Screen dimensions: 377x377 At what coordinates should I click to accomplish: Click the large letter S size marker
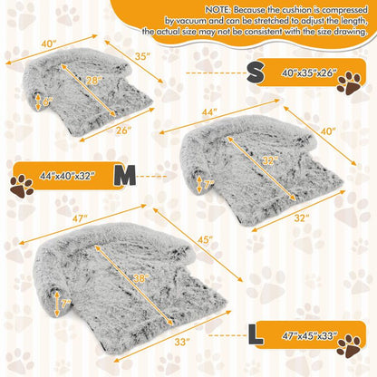tap(256, 73)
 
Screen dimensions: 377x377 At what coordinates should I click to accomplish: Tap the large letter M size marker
tap(125, 176)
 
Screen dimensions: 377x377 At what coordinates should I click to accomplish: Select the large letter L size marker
tap(256, 334)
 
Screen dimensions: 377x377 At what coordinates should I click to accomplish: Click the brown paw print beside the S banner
tap(349, 83)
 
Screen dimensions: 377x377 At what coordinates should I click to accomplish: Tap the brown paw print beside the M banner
tap(22, 186)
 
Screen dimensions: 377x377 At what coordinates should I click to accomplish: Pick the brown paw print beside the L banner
tap(349, 346)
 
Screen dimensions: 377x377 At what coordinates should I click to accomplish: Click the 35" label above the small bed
tap(142, 56)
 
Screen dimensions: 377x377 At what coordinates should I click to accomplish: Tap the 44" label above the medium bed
tap(209, 112)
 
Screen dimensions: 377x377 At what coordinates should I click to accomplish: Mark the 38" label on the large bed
tap(140, 278)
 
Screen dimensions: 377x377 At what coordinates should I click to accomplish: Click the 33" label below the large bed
tap(182, 342)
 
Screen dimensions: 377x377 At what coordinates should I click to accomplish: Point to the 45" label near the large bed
tap(206, 240)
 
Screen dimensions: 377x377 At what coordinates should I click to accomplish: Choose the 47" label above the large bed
tap(80, 218)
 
